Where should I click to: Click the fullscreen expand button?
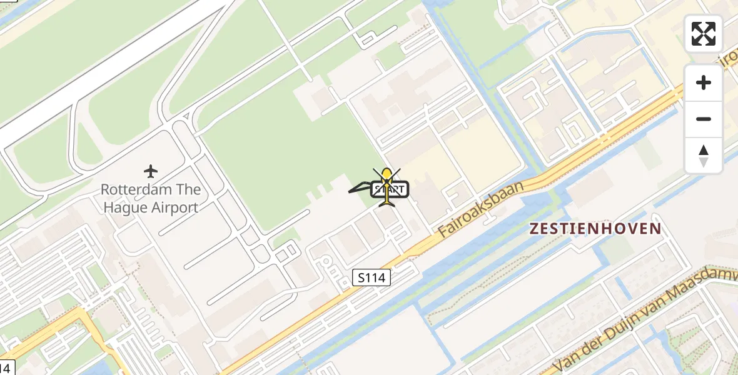click(704, 34)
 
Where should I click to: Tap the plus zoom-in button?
click(704, 82)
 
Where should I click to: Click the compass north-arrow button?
click(704, 156)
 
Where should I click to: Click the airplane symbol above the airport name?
click(151, 171)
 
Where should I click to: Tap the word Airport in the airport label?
click(175, 207)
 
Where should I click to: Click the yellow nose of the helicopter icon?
click(387, 174)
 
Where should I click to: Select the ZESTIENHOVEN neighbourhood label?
click(595, 229)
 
